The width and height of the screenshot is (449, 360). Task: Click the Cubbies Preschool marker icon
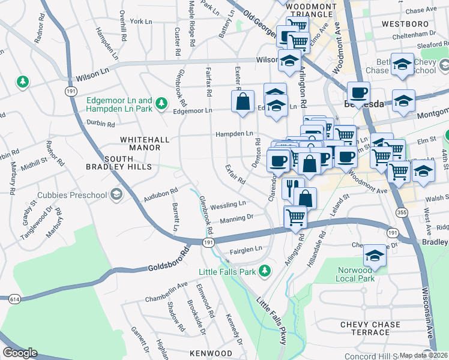(116, 194)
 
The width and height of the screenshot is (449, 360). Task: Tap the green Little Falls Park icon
(264, 272)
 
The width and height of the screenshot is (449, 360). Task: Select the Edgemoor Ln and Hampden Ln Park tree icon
(161, 104)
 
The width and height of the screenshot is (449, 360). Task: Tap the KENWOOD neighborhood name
(211, 353)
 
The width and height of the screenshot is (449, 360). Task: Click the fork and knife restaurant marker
(293, 188)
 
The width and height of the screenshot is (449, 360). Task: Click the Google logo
(20, 353)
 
